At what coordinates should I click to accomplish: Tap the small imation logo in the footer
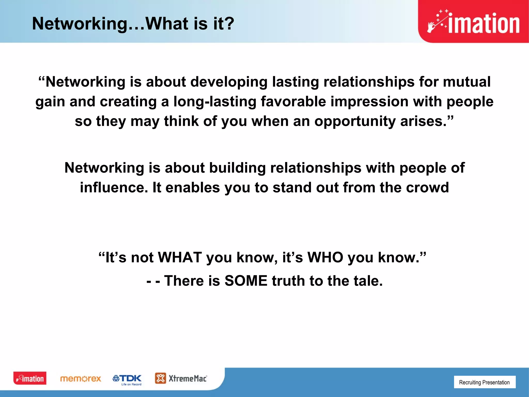(30, 378)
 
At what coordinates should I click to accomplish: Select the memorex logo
(80, 379)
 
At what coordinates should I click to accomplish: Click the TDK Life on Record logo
(127, 380)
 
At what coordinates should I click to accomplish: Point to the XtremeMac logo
(181, 378)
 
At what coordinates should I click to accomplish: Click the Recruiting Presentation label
(484, 382)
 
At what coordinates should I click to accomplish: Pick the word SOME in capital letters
(246, 281)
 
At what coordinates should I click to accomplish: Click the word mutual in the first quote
(466, 82)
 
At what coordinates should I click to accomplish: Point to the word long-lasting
(215, 101)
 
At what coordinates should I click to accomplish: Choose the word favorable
(293, 101)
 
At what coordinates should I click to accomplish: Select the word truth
(288, 281)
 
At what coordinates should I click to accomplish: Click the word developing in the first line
(229, 82)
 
